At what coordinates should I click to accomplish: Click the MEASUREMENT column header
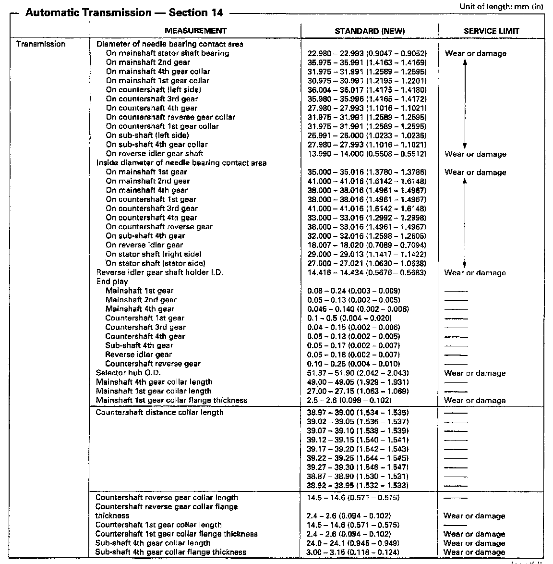pyautogui.click(x=195, y=31)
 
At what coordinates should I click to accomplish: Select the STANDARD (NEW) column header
pyautogui.click(x=370, y=31)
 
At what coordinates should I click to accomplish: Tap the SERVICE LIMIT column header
pyautogui.click(x=491, y=31)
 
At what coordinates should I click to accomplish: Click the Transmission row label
pyautogui.click(x=41, y=44)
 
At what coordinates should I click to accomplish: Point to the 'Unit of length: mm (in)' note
pyautogui.click(x=501, y=6)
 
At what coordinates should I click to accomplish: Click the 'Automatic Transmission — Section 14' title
pyautogui.click(x=124, y=13)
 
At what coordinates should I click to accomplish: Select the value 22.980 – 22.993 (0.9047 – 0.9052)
pyautogui.click(x=367, y=53)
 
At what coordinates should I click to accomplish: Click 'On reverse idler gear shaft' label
pyautogui.click(x=154, y=154)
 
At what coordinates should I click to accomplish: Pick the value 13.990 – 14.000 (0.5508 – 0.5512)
pyautogui.click(x=367, y=154)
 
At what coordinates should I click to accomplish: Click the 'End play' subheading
pyautogui.click(x=112, y=282)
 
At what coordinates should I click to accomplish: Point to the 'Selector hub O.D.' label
pyautogui.click(x=128, y=373)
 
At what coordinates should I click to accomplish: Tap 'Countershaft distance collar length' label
pyautogui.click(x=159, y=412)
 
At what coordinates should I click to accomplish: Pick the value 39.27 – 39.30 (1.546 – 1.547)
pyautogui.click(x=358, y=467)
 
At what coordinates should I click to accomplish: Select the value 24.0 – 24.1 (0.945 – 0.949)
pyautogui.click(x=353, y=543)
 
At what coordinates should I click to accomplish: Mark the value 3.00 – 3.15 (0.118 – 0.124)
pyautogui.click(x=353, y=552)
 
